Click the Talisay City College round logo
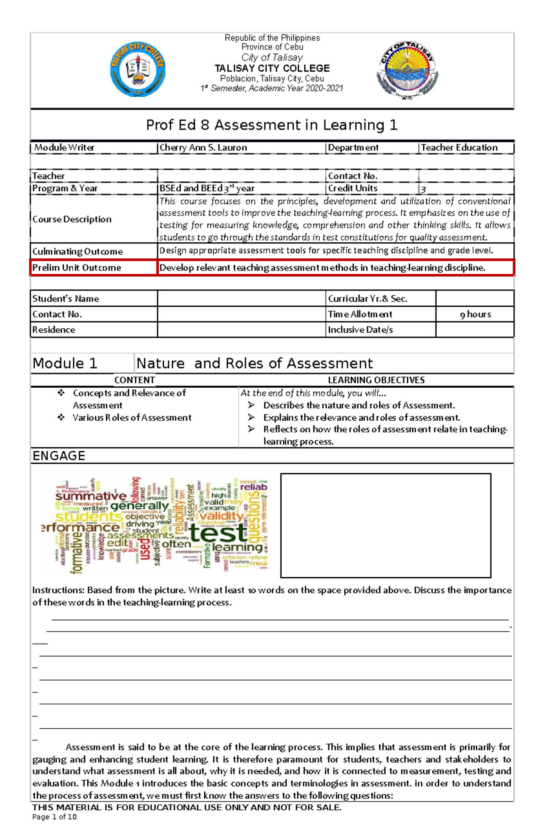(138, 70)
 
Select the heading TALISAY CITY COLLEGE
(272, 69)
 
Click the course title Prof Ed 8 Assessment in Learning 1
(272, 125)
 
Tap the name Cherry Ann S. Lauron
(203, 148)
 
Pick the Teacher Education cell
(459, 148)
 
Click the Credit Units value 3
(423, 189)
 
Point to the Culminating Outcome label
(78, 251)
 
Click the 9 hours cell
(475, 314)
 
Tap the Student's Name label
(66, 299)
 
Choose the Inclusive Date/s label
(361, 330)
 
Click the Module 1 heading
(65, 363)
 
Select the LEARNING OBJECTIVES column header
(376, 380)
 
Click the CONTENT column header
(135, 380)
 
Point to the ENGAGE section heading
(59, 456)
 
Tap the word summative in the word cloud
(91, 496)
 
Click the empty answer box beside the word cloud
(385, 526)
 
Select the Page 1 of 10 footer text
(54, 817)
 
